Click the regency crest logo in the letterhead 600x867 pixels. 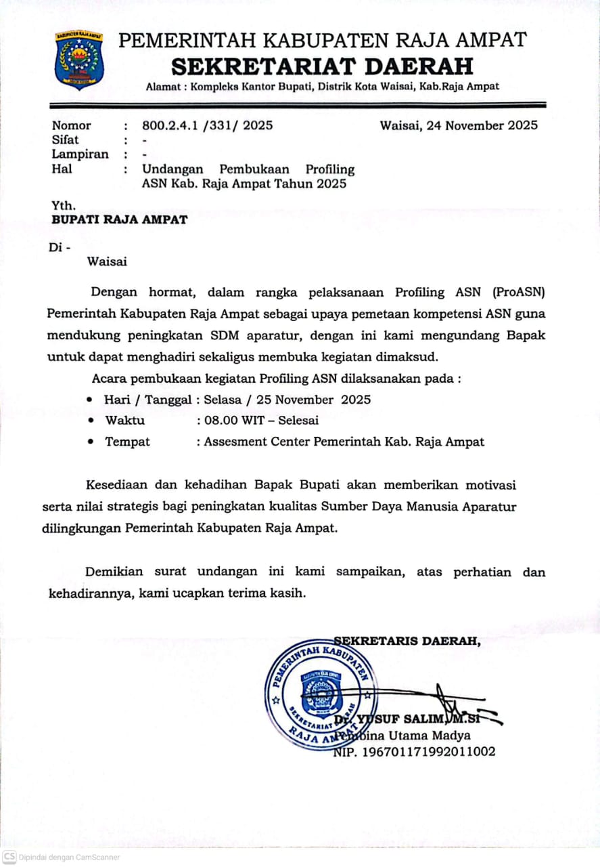pos(80,60)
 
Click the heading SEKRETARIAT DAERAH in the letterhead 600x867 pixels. pos(322,66)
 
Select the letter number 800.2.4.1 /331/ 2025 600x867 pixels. pos(208,125)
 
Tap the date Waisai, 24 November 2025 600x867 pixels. pos(459,125)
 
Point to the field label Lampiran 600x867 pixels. pos(80,154)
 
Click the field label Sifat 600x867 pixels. pos(65,140)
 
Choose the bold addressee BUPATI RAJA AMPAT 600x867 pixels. pos(120,219)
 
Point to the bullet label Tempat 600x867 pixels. pos(127,442)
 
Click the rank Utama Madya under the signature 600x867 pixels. pos(423,736)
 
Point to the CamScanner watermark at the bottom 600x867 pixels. pos(60,857)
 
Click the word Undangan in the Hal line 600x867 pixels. pos(172,169)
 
